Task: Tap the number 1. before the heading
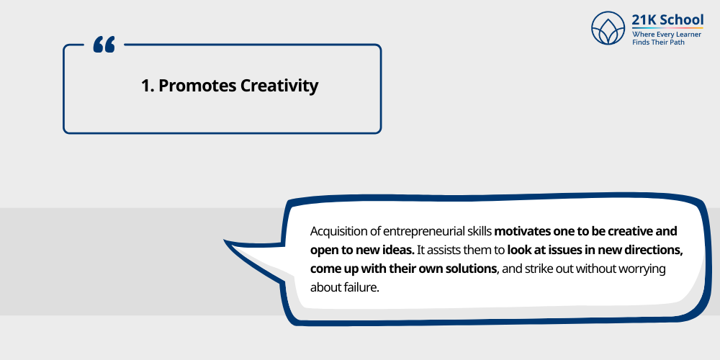tap(148, 86)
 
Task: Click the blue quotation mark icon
tap(104, 46)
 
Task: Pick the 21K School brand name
tap(667, 21)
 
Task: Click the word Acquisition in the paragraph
tap(340, 232)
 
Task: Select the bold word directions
tap(654, 251)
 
